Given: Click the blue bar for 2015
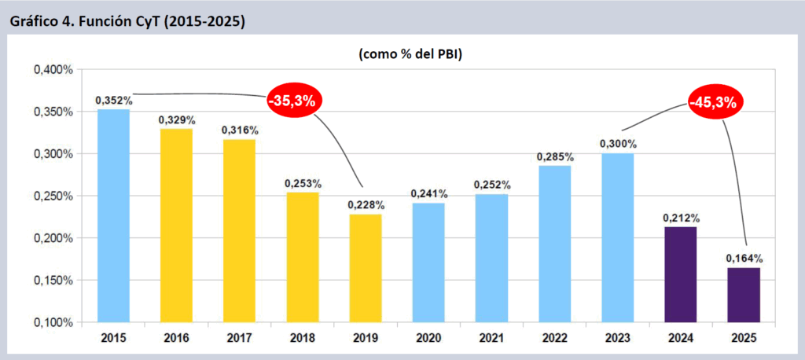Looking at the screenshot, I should pyautogui.click(x=113, y=215).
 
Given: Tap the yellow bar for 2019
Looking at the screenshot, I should pyautogui.click(x=366, y=267).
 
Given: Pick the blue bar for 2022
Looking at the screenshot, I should pyautogui.click(x=555, y=244).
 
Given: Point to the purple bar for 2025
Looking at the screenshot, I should pyautogui.click(x=744, y=295).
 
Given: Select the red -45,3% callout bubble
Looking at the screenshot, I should pyautogui.click(x=715, y=102).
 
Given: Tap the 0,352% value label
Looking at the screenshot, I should pyautogui.click(x=114, y=101).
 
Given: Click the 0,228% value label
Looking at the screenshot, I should pyautogui.click(x=366, y=204).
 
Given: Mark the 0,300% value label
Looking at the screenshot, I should pyautogui.click(x=618, y=144).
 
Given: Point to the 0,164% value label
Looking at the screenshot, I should pyautogui.click(x=744, y=258).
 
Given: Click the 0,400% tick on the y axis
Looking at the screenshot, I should pyautogui.click(x=53, y=70).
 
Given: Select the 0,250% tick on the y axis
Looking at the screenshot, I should pyautogui.click(x=53, y=196).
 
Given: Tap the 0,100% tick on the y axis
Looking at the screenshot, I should pyautogui.click(x=53, y=322).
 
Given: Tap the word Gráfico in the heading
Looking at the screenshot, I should pyautogui.click(x=34, y=21).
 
